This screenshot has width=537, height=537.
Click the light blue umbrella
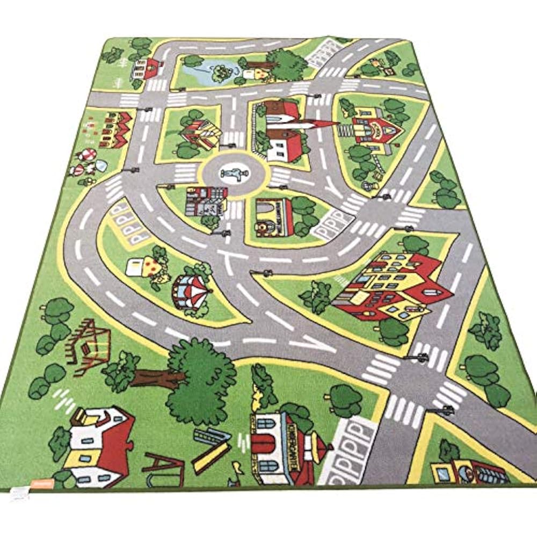coord(101,166)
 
